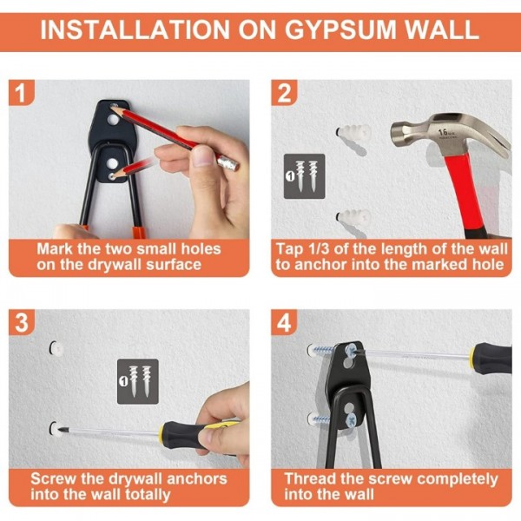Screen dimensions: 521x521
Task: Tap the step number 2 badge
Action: click(x=284, y=94)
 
